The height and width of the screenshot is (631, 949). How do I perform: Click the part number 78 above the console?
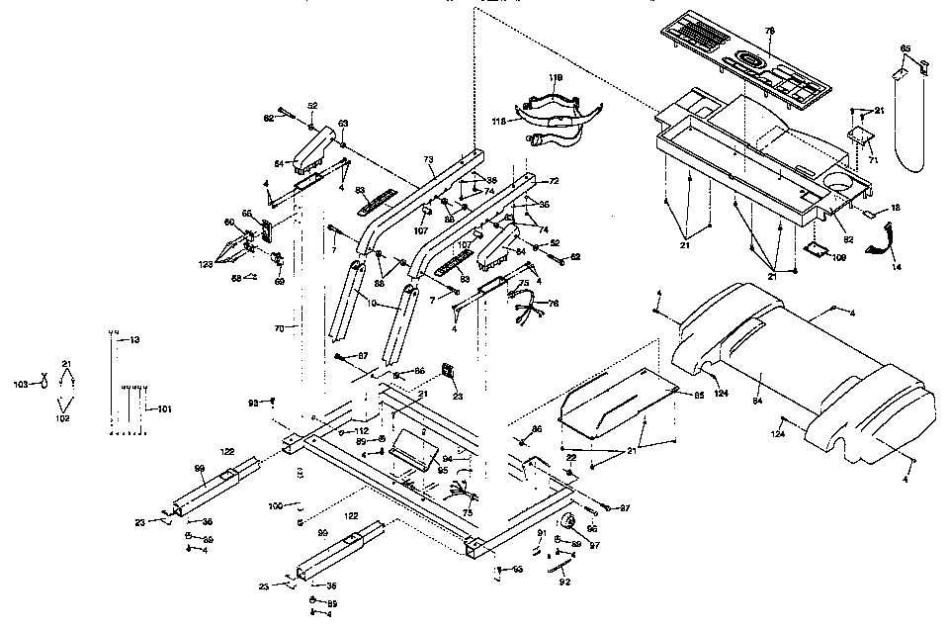771,31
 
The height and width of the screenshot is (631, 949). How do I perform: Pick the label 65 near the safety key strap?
905,48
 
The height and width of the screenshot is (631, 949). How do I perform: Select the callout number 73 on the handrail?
428,159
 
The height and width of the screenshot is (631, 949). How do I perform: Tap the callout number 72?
554,181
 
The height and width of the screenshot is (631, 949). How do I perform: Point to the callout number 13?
135,339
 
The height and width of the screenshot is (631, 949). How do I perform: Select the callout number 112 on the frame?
362,431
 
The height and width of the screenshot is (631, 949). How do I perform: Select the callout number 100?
277,505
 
